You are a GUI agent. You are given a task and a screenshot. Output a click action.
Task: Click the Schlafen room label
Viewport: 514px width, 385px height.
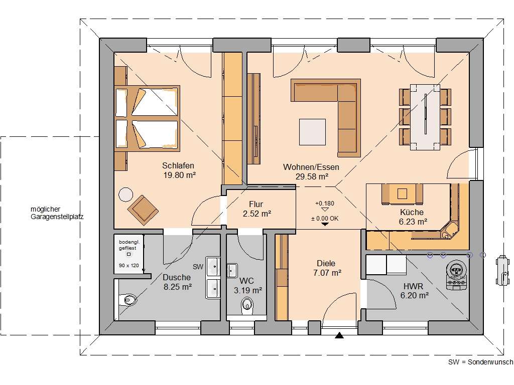tap(178, 165)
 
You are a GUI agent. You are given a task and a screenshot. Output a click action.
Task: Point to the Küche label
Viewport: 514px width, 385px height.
tap(412, 212)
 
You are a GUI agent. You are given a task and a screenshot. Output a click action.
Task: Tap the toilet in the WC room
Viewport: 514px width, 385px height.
tap(247, 304)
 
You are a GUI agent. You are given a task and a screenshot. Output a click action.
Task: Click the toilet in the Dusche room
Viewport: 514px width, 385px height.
tap(128, 300)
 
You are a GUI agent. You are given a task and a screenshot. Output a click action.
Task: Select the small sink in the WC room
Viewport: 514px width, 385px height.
tap(232, 270)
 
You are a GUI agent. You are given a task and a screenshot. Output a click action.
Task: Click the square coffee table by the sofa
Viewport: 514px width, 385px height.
tap(313, 131)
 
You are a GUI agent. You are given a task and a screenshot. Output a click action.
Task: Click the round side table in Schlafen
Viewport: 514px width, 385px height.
tap(125, 194)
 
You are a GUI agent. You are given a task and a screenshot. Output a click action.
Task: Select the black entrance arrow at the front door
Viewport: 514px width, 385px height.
tap(340, 336)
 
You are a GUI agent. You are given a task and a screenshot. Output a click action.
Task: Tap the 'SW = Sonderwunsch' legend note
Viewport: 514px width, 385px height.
tap(480, 362)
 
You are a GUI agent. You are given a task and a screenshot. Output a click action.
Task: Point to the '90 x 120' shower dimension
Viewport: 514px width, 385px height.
tap(128, 265)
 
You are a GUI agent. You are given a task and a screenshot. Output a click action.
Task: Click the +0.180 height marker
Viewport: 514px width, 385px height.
tap(324, 204)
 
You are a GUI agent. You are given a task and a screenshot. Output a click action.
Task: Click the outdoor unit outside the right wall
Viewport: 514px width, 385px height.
tap(501, 270)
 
